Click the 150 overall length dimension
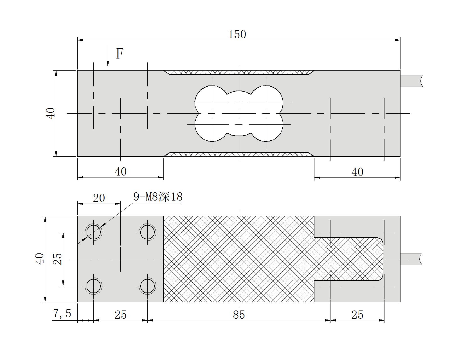point(237,35)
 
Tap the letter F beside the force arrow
point(120,53)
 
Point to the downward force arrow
point(108,56)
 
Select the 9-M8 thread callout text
point(158,197)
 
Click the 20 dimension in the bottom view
point(99,198)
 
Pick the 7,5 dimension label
point(62,313)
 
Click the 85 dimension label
point(239,315)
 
